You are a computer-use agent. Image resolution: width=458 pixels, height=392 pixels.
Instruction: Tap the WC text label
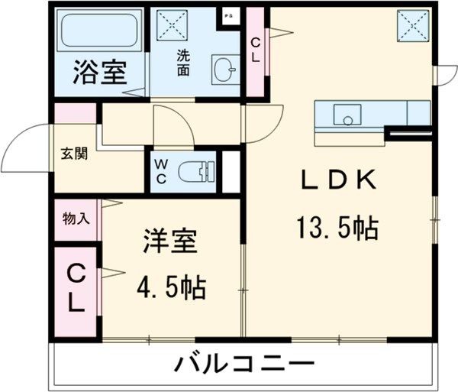click(x=161, y=171)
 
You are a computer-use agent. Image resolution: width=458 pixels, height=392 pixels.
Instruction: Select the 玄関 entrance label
click(x=75, y=153)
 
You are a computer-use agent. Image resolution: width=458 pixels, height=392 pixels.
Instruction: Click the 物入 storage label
click(x=76, y=219)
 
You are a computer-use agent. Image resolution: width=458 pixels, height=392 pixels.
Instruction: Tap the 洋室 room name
click(x=170, y=242)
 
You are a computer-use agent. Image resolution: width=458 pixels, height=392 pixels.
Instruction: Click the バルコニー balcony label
click(x=243, y=364)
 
